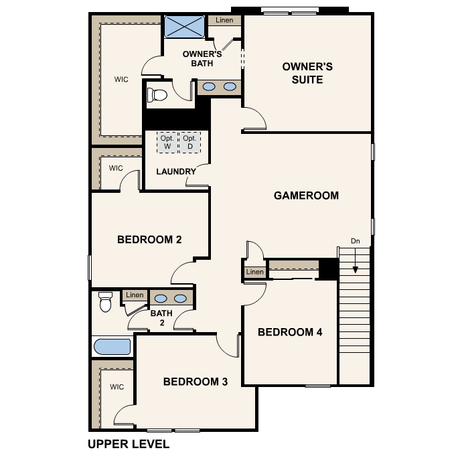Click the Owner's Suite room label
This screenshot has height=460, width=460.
point(307,73)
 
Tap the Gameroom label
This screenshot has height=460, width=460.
point(306,196)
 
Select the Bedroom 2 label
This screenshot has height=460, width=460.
point(149,240)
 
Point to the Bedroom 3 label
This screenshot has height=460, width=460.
point(196,382)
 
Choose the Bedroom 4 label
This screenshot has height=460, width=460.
point(290,332)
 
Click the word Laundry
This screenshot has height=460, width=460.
point(176,171)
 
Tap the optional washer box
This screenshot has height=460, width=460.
point(167,142)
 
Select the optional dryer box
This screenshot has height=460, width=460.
point(189,142)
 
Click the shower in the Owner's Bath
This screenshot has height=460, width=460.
point(184,27)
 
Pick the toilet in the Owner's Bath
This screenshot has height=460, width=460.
point(157,95)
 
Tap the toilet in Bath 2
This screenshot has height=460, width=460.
point(105,301)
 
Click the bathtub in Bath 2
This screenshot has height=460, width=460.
point(112,347)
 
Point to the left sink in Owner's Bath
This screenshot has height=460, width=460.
point(209,86)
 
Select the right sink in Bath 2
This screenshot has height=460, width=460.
point(180,299)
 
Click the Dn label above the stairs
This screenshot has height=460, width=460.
point(356,241)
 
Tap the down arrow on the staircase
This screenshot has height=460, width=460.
point(356,260)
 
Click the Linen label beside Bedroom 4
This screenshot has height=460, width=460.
point(254,272)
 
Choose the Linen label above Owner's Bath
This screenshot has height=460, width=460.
point(224,20)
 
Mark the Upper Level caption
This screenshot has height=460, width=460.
point(129,444)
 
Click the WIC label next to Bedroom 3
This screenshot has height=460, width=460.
point(117,386)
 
